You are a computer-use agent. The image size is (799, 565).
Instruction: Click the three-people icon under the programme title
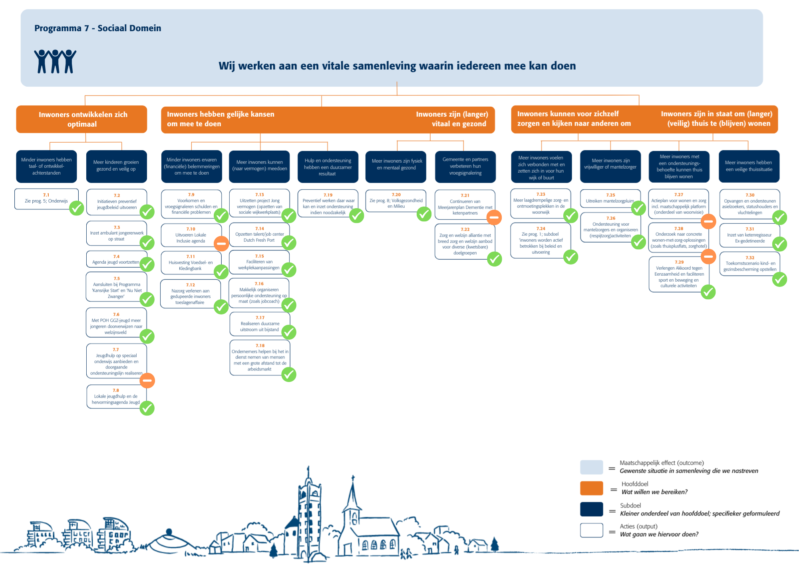click(x=55, y=61)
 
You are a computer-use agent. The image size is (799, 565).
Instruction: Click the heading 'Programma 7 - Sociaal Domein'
click(x=98, y=28)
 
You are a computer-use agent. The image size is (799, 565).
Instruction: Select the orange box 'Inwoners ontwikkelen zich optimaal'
click(x=81, y=119)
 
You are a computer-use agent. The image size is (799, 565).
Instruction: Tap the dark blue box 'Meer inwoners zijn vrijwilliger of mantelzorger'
click(x=610, y=166)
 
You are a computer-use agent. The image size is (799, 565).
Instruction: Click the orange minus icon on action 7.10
click(x=221, y=243)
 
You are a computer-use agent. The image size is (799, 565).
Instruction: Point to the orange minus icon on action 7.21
click(x=494, y=217)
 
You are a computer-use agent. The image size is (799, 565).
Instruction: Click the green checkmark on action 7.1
click(x=77, y=208)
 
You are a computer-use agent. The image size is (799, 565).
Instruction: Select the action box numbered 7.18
click(x=260, y=357)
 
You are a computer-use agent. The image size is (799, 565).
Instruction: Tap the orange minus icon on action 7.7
click(x=147, y=380)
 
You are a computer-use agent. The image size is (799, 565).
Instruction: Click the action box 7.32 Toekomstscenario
click(x=750, y=263)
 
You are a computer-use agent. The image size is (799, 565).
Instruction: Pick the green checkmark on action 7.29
click(x=708, y=292)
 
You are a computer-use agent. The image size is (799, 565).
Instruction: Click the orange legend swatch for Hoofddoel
click(x=592, y=488)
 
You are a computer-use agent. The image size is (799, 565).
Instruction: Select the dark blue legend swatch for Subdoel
click(x=592, y=509)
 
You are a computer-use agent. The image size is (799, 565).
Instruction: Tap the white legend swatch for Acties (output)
click(x=592, y=530)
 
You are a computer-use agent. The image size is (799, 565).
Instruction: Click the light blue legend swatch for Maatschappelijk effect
click(x=592, y=467)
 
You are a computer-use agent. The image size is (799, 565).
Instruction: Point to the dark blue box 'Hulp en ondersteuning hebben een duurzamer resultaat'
click(x=328, y=167)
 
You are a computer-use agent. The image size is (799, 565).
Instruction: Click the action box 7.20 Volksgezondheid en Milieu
click(x=396, y=201)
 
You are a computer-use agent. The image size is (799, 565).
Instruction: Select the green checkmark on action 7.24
click(x=571, y=257)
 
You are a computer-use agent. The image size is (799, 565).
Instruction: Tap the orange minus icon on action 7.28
click(x=708, y=256)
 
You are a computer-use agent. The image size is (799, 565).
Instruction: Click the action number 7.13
click(x=260, y=195)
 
